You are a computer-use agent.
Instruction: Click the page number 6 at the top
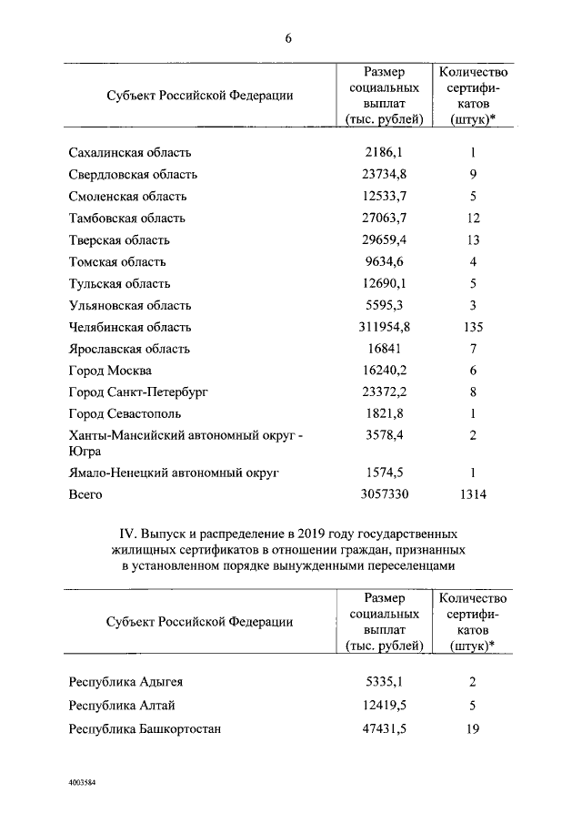289,37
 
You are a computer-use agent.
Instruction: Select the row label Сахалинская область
130,153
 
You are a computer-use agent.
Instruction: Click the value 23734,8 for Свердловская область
383,175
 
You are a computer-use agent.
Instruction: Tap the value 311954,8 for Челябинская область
383,327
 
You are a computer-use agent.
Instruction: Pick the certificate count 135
473,327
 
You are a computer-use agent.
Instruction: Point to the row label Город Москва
110,371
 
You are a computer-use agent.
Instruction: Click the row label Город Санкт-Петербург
138,392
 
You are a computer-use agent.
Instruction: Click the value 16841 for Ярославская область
383,349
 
